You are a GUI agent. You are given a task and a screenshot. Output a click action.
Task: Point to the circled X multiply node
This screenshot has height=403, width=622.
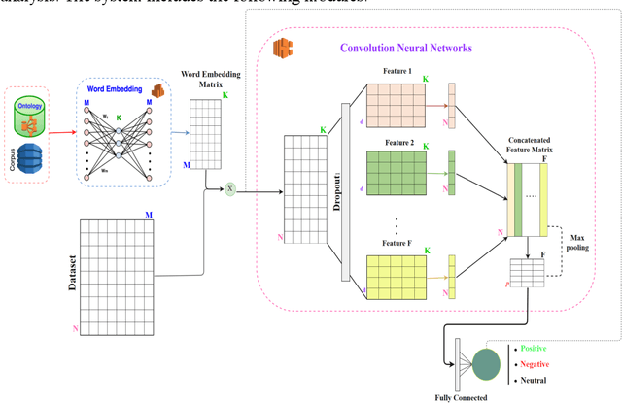(x=230, y=188)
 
